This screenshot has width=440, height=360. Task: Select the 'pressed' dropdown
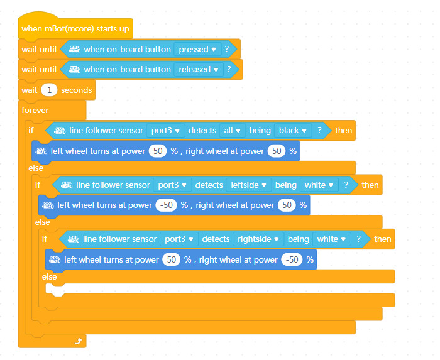pos(197,50)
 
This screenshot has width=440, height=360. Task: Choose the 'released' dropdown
pos(199,70)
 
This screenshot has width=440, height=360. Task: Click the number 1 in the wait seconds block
pos(49,90)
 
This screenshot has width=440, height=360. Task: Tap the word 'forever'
pos(35,110)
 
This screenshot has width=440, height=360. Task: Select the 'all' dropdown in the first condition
pos(233,131)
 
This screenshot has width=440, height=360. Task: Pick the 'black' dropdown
pos(293,131)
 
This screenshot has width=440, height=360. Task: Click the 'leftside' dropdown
pos(249,185)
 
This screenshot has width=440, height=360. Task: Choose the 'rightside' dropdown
pos(258,239)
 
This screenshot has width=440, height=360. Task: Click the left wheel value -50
pos(166,205)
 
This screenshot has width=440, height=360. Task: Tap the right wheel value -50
pos(292,259)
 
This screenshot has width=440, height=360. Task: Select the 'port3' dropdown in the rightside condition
pos(179,239)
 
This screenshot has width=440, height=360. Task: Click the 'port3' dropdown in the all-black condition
pos(165,131)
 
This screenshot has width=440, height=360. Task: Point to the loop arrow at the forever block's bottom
pos(79,341)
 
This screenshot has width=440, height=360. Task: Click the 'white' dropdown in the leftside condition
pos(319,185)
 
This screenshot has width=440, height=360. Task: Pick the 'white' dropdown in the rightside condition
pos(331,239)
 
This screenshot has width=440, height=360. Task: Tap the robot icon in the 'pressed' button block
pos(75,50)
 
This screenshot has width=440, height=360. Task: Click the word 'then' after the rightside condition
pos(382,239)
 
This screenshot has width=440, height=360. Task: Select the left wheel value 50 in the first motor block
pos(158,151)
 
